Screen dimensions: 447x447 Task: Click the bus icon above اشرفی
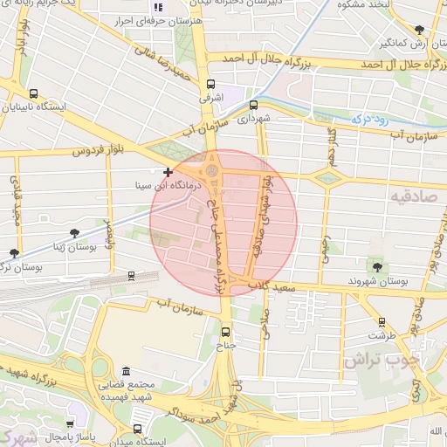click(x=210, y=85)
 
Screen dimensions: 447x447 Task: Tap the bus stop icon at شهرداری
click(x=253, y=105)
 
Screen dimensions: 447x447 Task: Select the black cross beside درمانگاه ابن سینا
click(x=168, y=173)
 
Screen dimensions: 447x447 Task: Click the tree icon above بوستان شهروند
click(x=377, y=267)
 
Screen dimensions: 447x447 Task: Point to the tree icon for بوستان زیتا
click(x=74, y=233)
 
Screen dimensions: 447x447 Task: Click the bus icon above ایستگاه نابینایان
click(x=33, y=94)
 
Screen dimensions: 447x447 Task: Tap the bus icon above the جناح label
click(x=226, y=332)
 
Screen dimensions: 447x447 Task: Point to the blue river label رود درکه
click(x=368, y=115)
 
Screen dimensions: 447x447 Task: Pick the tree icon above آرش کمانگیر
click(x=420, y=30)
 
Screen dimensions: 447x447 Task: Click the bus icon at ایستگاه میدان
click(x=138, y=429)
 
